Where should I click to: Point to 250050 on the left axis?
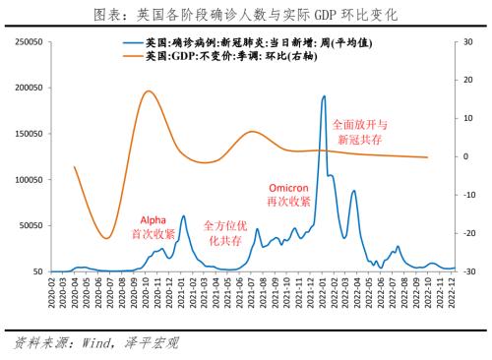pyautogui.click(x=25, y=42)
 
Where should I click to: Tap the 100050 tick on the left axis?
pyautogui.click(x=25, y=179)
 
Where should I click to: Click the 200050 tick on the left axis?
pyautogui.click(x=25, y=88)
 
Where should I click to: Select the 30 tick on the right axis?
pyautogui.click(x=469, y=42)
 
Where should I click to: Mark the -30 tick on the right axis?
pyautogui.click(x=470, y=271)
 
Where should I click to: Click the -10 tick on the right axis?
pyautogui.click(x=470, y=195)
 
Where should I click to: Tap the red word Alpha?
pyautogui.click(x=154, y=219)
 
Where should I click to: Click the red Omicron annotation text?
pyautogui.click(x=289, y=187)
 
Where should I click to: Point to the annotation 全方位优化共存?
pyautogui.click(x=222, y=232)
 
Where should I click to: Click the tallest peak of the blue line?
pyautogui.click(x=324, y=96)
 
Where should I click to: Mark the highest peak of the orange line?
pyautogui.click(x=148, y=91)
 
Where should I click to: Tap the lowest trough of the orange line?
pyautogui.click(x=107, y=237)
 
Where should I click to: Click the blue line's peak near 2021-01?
pyautogui.click(x=182, y=216)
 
